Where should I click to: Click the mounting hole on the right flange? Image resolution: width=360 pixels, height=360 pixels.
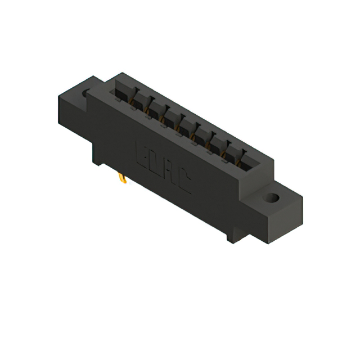point(272,198)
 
